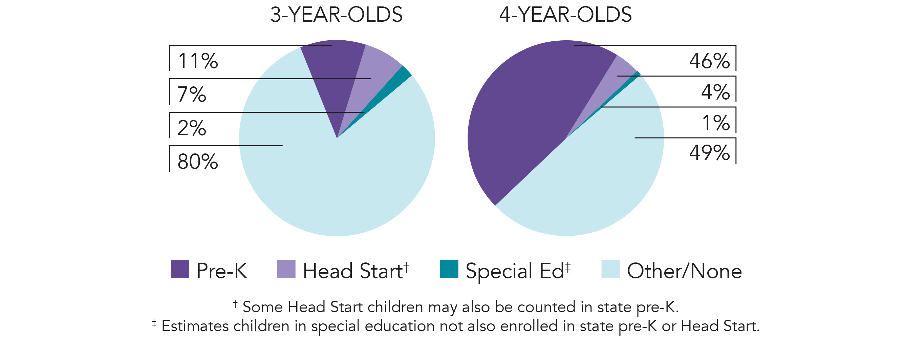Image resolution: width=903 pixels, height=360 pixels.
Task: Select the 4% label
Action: [x=715, y=92]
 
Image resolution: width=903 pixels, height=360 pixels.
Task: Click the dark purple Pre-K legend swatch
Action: [x=180, y=269]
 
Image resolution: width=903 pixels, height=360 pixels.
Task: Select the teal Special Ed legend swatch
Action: [x=449, y=269]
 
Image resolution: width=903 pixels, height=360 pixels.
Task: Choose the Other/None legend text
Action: [x=684, y=271]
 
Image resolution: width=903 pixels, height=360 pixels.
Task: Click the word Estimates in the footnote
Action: [x=195, y=326]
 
